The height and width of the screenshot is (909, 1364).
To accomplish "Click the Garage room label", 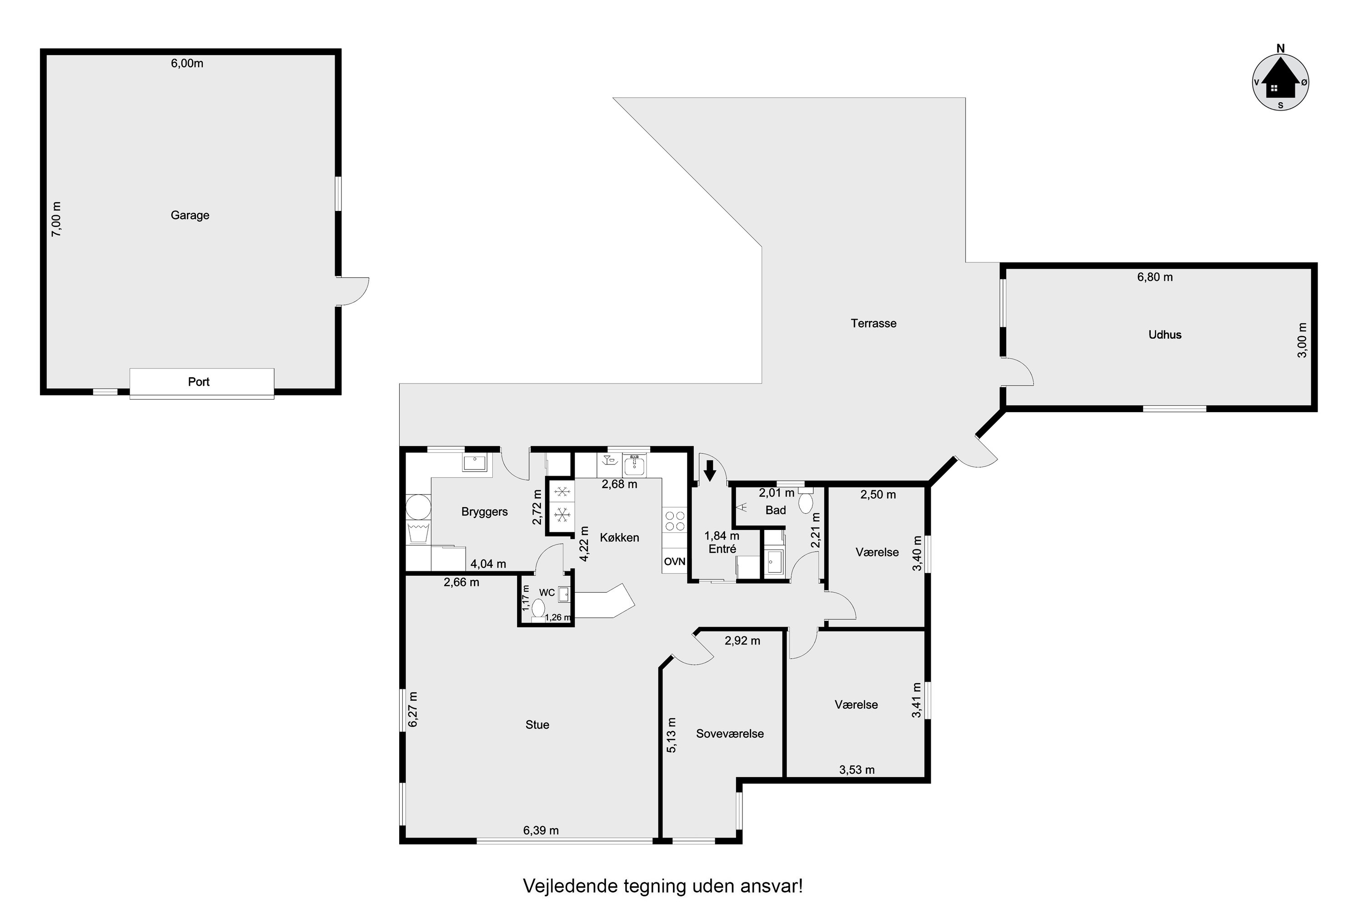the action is pos(190,215).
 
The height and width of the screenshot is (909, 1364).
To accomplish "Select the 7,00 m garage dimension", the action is pos(56,219).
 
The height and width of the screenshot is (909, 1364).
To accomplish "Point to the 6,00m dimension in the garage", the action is pos(187,63).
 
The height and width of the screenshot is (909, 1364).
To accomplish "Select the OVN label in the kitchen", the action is pos(674,561).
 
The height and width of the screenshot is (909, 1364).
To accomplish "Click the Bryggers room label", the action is pos(484,512).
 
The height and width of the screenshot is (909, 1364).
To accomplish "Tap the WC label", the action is pos(547,593).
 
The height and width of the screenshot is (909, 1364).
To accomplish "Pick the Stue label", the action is pos(537,724).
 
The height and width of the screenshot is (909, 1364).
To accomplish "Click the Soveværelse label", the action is pos(730,734).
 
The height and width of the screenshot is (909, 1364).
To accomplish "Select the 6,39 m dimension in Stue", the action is pos(541,830).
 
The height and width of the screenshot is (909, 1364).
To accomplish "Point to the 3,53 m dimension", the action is pos(857,770).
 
